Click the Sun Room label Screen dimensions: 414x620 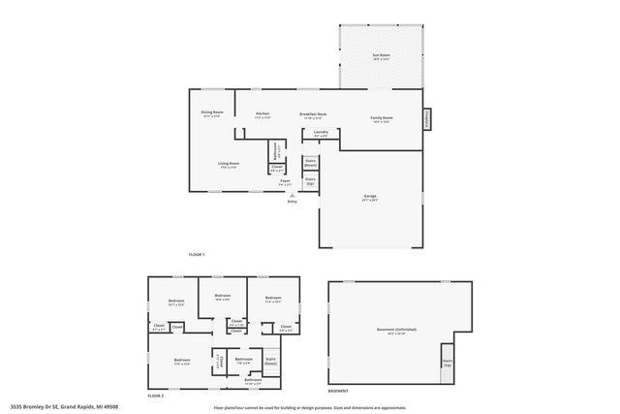click(x=382, y=57)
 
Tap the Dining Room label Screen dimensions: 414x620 click(x=212, y=113)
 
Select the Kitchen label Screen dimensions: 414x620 click(x=263, y=113)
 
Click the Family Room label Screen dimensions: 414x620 click(x=381, y=119)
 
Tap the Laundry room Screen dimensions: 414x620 click(x=321, y=135)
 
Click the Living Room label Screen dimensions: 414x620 click(x=228, y=164)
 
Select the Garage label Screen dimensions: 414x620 click(x=370, y=199)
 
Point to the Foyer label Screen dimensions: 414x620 click(x=286, y=181)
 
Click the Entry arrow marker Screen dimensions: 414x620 click(x=292, y=195)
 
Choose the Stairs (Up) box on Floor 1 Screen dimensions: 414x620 click(x=310, y=180)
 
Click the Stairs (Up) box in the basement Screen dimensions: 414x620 click(x=448, y=363)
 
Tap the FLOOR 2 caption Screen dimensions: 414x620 click(x=155, y=396)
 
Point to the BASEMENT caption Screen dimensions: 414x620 click(x=338, y=392)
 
